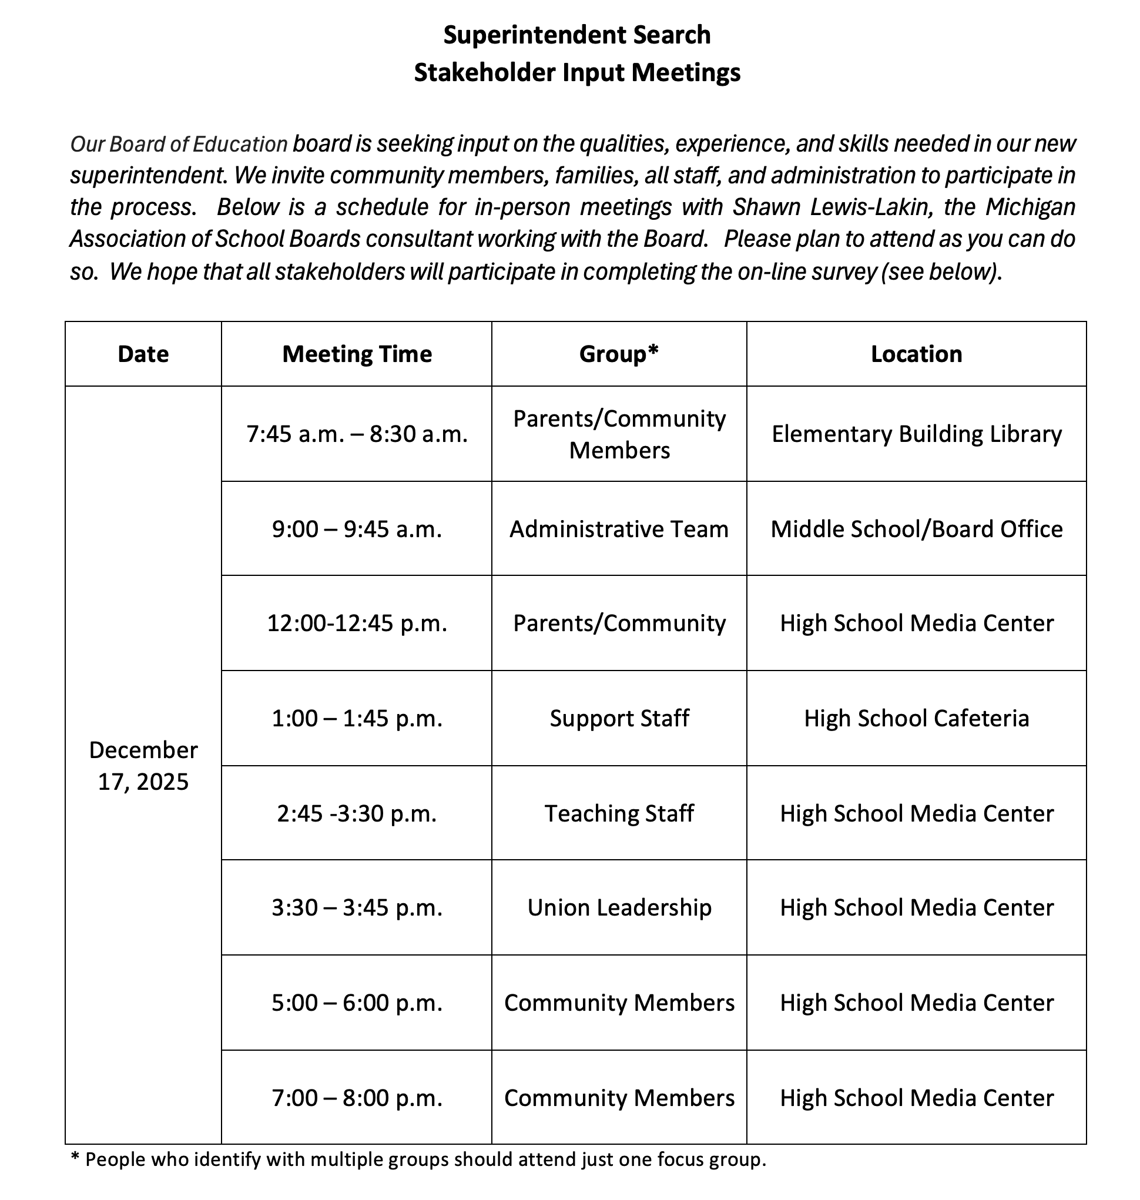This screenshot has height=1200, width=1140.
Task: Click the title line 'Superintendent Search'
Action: [x=576, y=35]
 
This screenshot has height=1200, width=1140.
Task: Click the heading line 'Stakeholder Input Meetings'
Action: [x=576, y=73]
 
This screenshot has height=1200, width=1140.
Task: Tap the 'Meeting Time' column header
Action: [x=357, y=354]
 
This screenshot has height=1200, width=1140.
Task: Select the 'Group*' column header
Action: [x=619, y=354]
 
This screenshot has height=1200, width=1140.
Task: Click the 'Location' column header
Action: [x=916, y=354]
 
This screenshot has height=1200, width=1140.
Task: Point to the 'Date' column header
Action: [x=143, y=354]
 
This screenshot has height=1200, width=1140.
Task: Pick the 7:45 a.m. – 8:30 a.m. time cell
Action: [x=357, y=434]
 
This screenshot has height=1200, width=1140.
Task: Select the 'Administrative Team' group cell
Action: [x=619, y=529]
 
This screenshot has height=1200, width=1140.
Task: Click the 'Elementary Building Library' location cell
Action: [x=916, y=434]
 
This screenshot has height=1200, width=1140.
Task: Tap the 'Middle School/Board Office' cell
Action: [x=916, y=529]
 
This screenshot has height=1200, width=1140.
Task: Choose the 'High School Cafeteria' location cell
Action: [x=916, y=719]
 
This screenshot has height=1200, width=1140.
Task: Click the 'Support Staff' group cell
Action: [x=619, y=719]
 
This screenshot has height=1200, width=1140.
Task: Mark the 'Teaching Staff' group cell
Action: [x=619, y=813]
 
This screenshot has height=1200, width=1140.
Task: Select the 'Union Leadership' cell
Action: [x=619, y=908]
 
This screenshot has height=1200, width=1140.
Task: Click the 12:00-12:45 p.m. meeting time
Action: [x=357, y=624]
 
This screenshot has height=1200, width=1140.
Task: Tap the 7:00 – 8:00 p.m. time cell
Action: [x=357, y=1098]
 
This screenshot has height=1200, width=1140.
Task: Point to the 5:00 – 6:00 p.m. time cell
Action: [x=357, y=1003]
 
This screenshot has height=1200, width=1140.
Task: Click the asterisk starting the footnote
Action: [x=75, y=1158]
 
